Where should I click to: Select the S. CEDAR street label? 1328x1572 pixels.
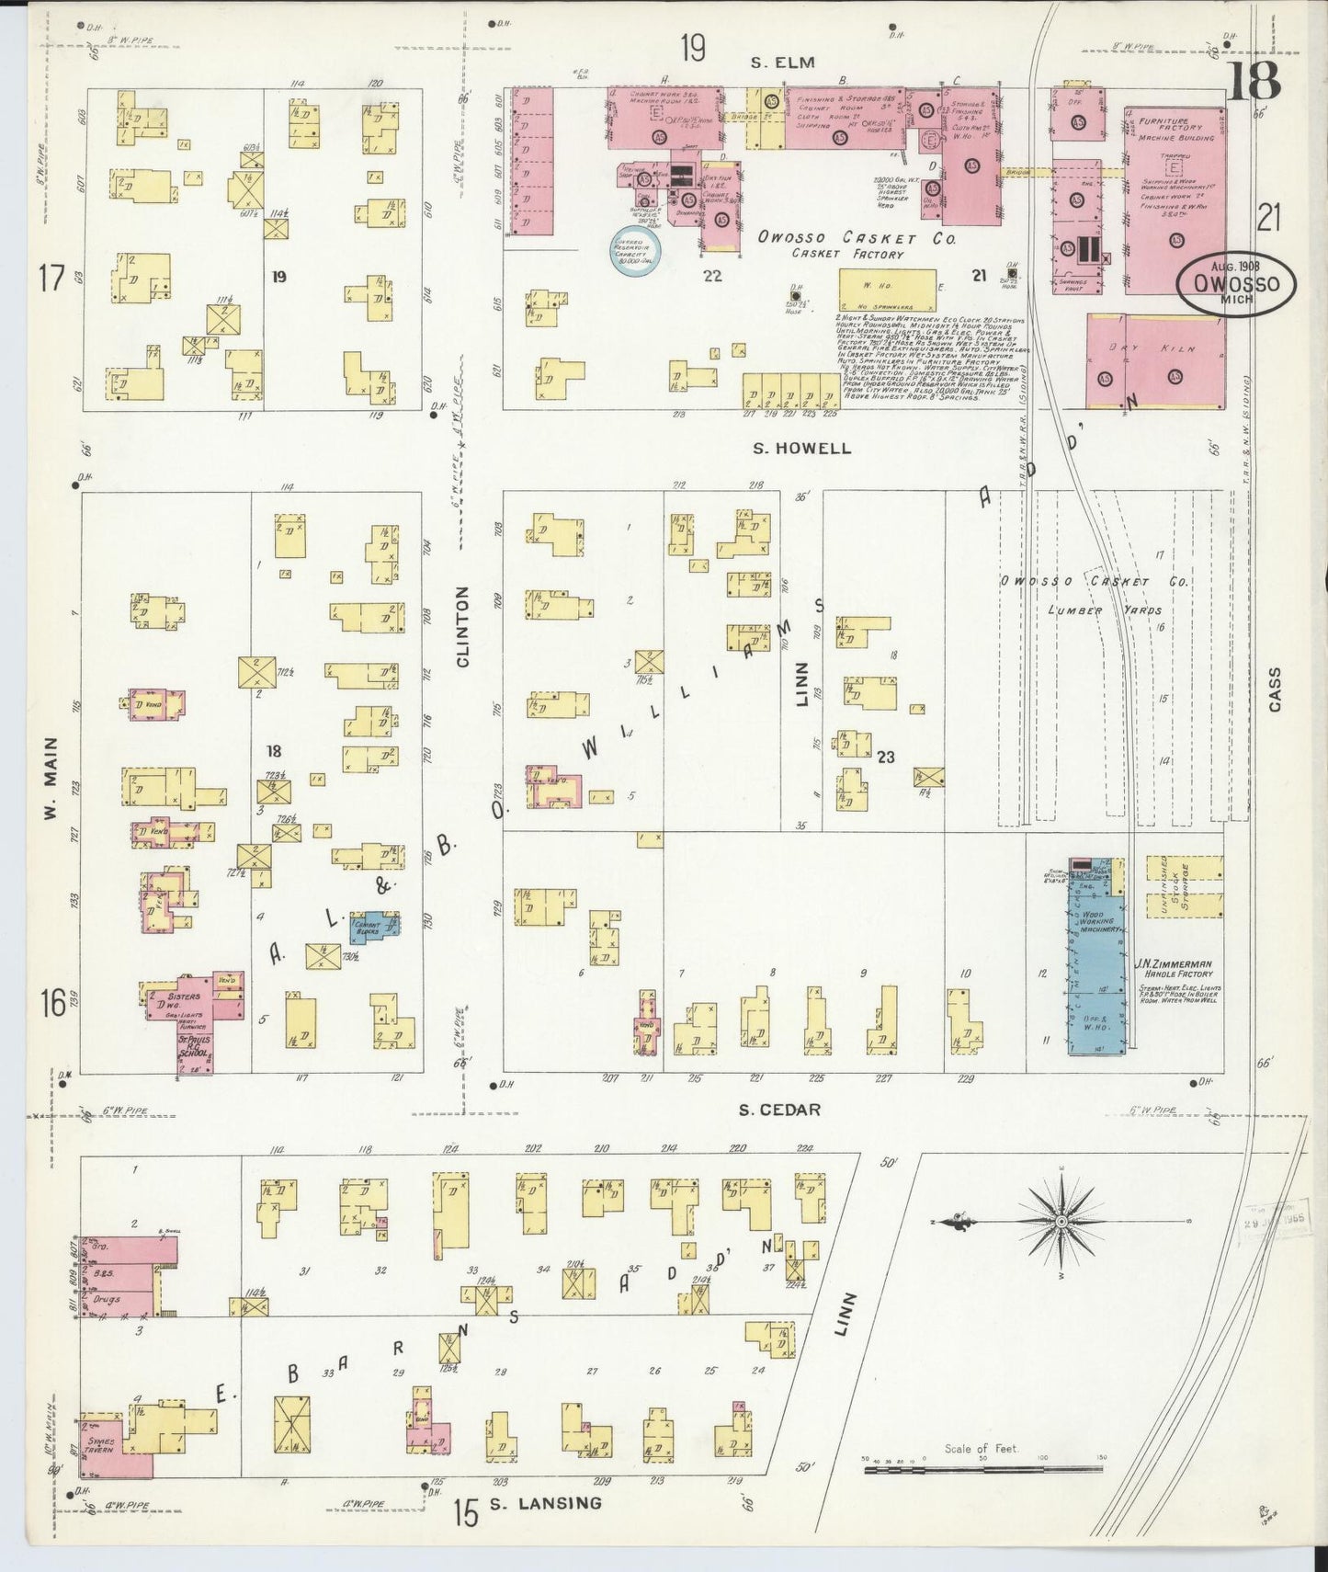coord(780,1110)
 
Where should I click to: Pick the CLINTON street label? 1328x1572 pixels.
coord(462,626)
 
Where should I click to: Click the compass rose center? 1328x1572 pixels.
coord(1061,1221)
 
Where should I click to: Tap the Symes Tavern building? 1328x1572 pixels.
coord(99,1461)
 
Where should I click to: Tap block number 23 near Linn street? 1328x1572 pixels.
coord(885,758)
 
